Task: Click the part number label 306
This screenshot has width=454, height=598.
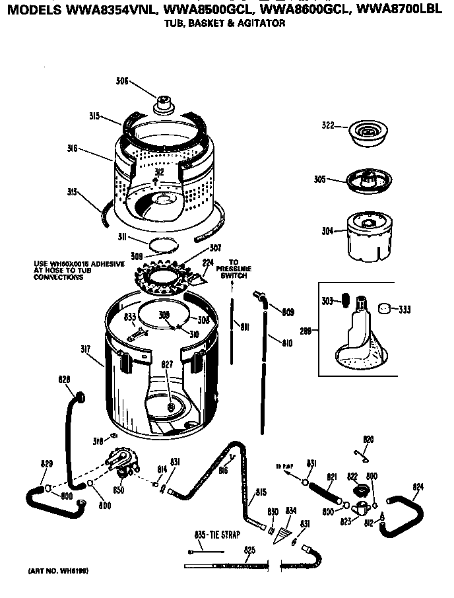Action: pyautogui.click(x=121, y=82)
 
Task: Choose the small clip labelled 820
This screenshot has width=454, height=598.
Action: pyautogui.click(x=360, y=452)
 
